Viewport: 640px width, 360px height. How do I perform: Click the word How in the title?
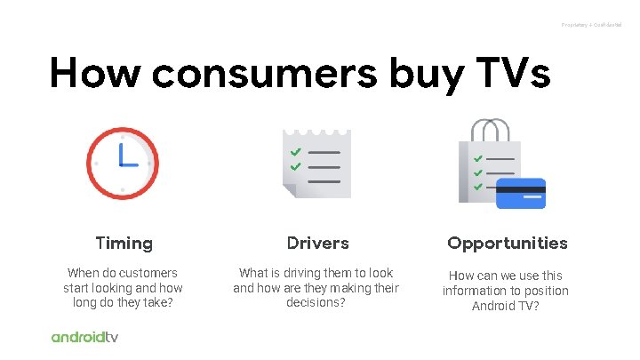[x=95, y=73]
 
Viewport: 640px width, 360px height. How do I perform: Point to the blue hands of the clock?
[x=125, y=158]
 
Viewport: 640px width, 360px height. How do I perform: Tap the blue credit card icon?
[x=520, y=193]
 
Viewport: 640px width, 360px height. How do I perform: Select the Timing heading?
[x=124, y=243]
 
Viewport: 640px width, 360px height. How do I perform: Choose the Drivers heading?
[x=318, y=243]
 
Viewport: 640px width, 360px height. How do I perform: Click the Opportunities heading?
[x=507, y=243]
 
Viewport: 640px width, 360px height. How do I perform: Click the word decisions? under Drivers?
[x=316, y=303]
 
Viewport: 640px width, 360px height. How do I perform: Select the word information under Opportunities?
[x=479, y=291]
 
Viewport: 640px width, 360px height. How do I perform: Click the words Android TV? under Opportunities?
[x=507, y=307]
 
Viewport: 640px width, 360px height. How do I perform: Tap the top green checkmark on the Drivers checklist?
[x=295, y=152]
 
